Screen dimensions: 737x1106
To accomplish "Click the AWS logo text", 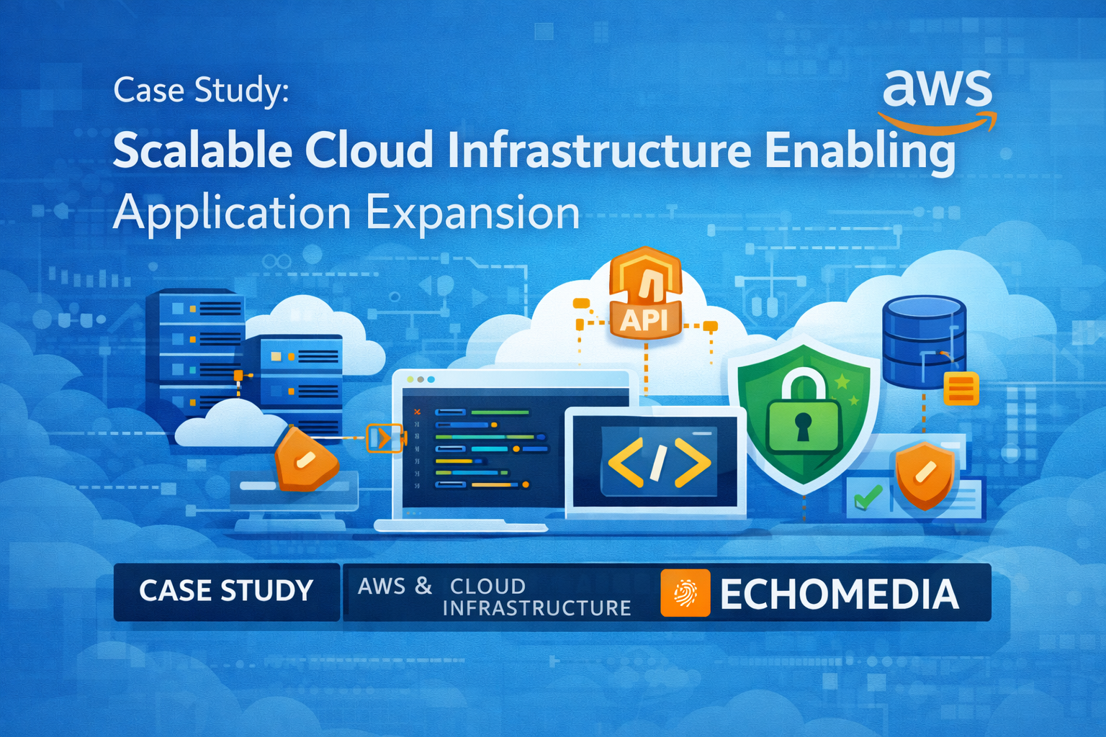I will [x=937, y=89].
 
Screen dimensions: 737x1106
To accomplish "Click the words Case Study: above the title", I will [x=201, y=91].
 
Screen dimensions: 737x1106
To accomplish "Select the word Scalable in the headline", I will [x=202, y=150].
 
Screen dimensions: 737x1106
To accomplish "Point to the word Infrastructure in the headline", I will [x=599, y=150].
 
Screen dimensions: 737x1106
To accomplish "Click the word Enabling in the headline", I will [x=860, y=152].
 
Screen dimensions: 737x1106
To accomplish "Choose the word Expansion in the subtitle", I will [x=472, y=214].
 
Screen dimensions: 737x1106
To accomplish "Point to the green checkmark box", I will [x=868, y=496].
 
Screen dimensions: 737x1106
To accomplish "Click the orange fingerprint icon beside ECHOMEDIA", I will [x=685, y=593].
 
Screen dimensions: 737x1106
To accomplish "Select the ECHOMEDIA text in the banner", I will [x=840, y=594].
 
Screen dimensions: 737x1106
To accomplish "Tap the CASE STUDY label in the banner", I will [x=226, y=591].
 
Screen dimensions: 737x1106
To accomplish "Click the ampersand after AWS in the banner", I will [x=423, y=585].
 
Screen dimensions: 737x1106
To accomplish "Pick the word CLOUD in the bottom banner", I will [x=487, y=586].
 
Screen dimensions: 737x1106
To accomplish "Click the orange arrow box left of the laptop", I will [x=384, y=438].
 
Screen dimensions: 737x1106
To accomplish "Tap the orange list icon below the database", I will [x=961, y=389].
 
